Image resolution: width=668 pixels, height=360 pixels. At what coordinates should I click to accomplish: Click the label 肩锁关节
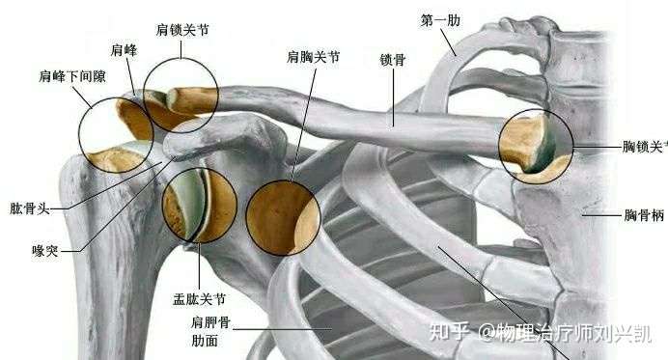pos(181,30)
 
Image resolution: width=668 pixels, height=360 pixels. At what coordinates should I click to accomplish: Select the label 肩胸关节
pos(313,58)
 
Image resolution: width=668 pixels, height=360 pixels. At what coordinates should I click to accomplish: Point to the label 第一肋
pos(439,19)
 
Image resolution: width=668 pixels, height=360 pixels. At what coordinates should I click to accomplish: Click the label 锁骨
pos(393,59)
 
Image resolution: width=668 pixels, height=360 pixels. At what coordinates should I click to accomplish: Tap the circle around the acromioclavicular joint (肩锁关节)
pos(181,95)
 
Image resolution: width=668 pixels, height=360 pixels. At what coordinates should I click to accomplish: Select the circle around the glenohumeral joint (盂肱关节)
pos(200,206)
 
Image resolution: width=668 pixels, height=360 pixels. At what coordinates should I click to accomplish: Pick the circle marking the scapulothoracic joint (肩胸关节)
pos(283,217)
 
